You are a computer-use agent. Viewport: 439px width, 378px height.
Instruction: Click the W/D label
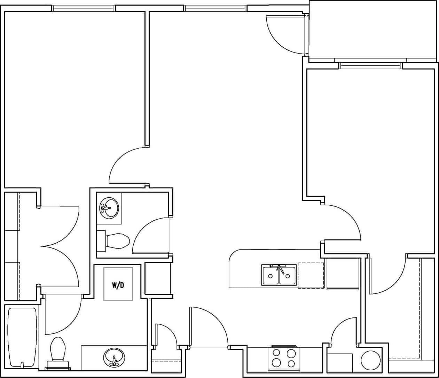[118, 285]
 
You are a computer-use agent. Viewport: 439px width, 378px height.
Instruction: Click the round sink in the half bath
[109, 208]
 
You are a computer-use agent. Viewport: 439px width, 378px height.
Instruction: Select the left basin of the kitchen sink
[271, 275]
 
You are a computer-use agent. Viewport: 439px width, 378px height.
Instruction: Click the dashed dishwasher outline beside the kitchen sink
[311, 275]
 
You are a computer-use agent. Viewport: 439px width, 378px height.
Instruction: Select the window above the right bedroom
[371, 65]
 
